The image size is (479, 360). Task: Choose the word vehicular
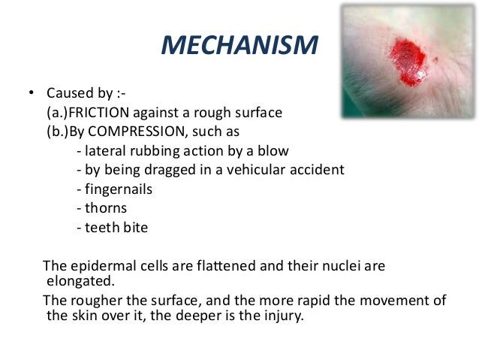click(x=256, y=170)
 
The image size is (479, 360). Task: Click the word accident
click(x=316, y=170)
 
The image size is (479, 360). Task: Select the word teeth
click(x=101, y=228)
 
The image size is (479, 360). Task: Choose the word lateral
click(x=104, y=150)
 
